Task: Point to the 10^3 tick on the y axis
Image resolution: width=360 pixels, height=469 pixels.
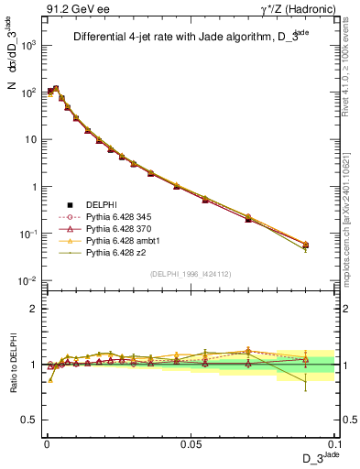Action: point(26,46)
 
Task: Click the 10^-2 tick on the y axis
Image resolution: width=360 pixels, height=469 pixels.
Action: point(26,280)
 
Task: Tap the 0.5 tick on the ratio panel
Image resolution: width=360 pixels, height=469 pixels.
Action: point(28,420)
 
